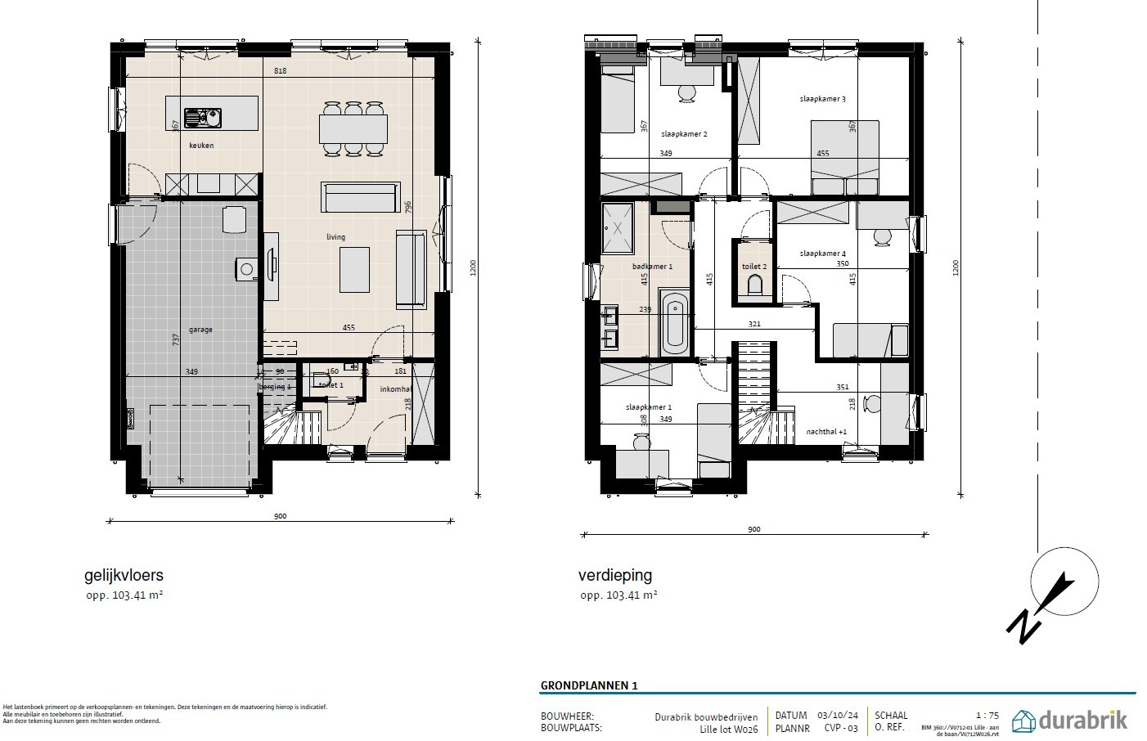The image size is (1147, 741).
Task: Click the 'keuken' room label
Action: [x=201, y=146]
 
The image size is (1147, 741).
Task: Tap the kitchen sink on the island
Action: [x=202, y=119]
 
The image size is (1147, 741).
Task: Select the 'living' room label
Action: [x=335, y=237]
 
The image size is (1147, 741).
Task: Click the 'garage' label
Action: [x=200, y=330]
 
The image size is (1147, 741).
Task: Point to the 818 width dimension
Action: [x=280, y=71]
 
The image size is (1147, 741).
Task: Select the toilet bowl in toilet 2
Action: [x=754, y=285]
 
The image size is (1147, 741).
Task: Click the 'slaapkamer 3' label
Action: [x=822, y=99]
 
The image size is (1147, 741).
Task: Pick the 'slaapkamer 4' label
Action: [x=822, y=254]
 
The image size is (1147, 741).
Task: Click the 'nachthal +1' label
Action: [x=826, y=431]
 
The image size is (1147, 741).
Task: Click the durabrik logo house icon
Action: [x=1023, y=721]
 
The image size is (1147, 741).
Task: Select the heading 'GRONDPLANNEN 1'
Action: [x=588, y=685]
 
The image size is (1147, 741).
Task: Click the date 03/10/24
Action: [x=832, y=716]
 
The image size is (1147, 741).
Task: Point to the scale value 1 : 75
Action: [x=987, y=716]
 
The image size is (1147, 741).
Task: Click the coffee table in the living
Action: [x=354, y=269]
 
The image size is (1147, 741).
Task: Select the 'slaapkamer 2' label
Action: [x=684, y=134]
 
